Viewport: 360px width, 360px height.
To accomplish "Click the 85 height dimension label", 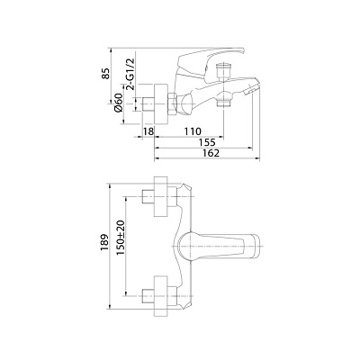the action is [105, 74].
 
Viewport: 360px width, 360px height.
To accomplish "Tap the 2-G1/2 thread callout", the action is [130, 74].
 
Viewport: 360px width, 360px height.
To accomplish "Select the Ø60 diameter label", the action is [119, 103].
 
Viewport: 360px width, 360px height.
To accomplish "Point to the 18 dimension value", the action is [148, 131].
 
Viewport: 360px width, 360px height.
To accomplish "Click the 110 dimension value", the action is [192, 131].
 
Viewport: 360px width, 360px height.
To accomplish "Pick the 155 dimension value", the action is [207, 142].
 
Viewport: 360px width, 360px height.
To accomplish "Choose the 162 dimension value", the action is [211, 153].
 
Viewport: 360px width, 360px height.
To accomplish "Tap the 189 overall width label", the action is [104, 242].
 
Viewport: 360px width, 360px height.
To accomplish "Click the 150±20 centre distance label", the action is [120, 238].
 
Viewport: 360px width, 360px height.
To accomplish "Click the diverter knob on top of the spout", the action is [223, 70].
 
